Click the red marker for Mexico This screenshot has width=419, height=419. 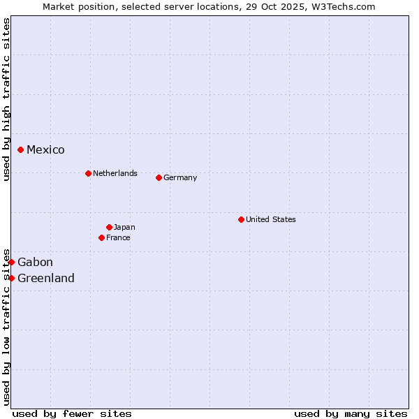point(21,149)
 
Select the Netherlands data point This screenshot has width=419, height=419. point(88,173)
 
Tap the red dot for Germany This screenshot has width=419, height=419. point(159,177)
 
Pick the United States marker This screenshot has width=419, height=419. point(241,219)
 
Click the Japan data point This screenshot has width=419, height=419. point(109,227)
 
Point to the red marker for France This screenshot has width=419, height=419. point(101,237)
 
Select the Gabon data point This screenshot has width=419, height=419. point(11,262)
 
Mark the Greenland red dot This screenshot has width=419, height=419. point(11,278)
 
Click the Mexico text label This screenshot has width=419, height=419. point(45,149)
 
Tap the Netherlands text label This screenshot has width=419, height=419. point(115,173)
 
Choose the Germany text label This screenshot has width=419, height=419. point(180,177)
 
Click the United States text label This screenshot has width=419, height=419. point(270,219)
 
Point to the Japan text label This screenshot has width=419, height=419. point(124,227)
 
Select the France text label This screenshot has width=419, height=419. point(118,237)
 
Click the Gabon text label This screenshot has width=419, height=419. point(35,262)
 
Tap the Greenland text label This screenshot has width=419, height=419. point(46,278)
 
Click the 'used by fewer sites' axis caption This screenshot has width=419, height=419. point(72,413)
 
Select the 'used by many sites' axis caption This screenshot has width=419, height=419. point(351,413)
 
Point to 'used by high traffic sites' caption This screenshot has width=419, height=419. point(6,99)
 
